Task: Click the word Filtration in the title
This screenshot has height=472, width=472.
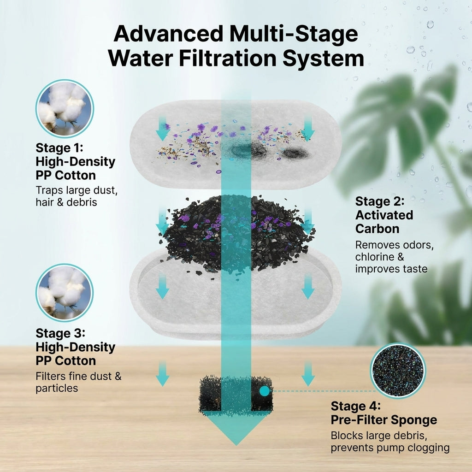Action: pos(227,58)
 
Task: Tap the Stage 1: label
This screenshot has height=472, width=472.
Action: pos(59,148)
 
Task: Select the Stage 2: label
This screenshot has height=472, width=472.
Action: pos(380,201)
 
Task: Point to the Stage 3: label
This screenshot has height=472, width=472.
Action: pos(60,334)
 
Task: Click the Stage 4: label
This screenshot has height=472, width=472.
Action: pos(355,406)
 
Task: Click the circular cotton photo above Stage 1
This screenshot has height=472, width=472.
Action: pos(65,108)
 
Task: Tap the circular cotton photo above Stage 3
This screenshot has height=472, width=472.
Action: pos(65,293)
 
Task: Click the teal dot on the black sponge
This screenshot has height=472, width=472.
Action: pos(264,391)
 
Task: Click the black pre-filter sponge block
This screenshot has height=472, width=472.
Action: pos(236,395)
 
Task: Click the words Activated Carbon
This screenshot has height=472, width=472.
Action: pos(384,222)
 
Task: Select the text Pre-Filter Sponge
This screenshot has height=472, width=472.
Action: pos(384,420)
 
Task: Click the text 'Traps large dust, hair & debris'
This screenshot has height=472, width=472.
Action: pos(77,196)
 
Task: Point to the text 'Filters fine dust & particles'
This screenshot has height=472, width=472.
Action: pos(78,382)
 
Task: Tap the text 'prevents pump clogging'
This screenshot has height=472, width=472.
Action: pos(390,448)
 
